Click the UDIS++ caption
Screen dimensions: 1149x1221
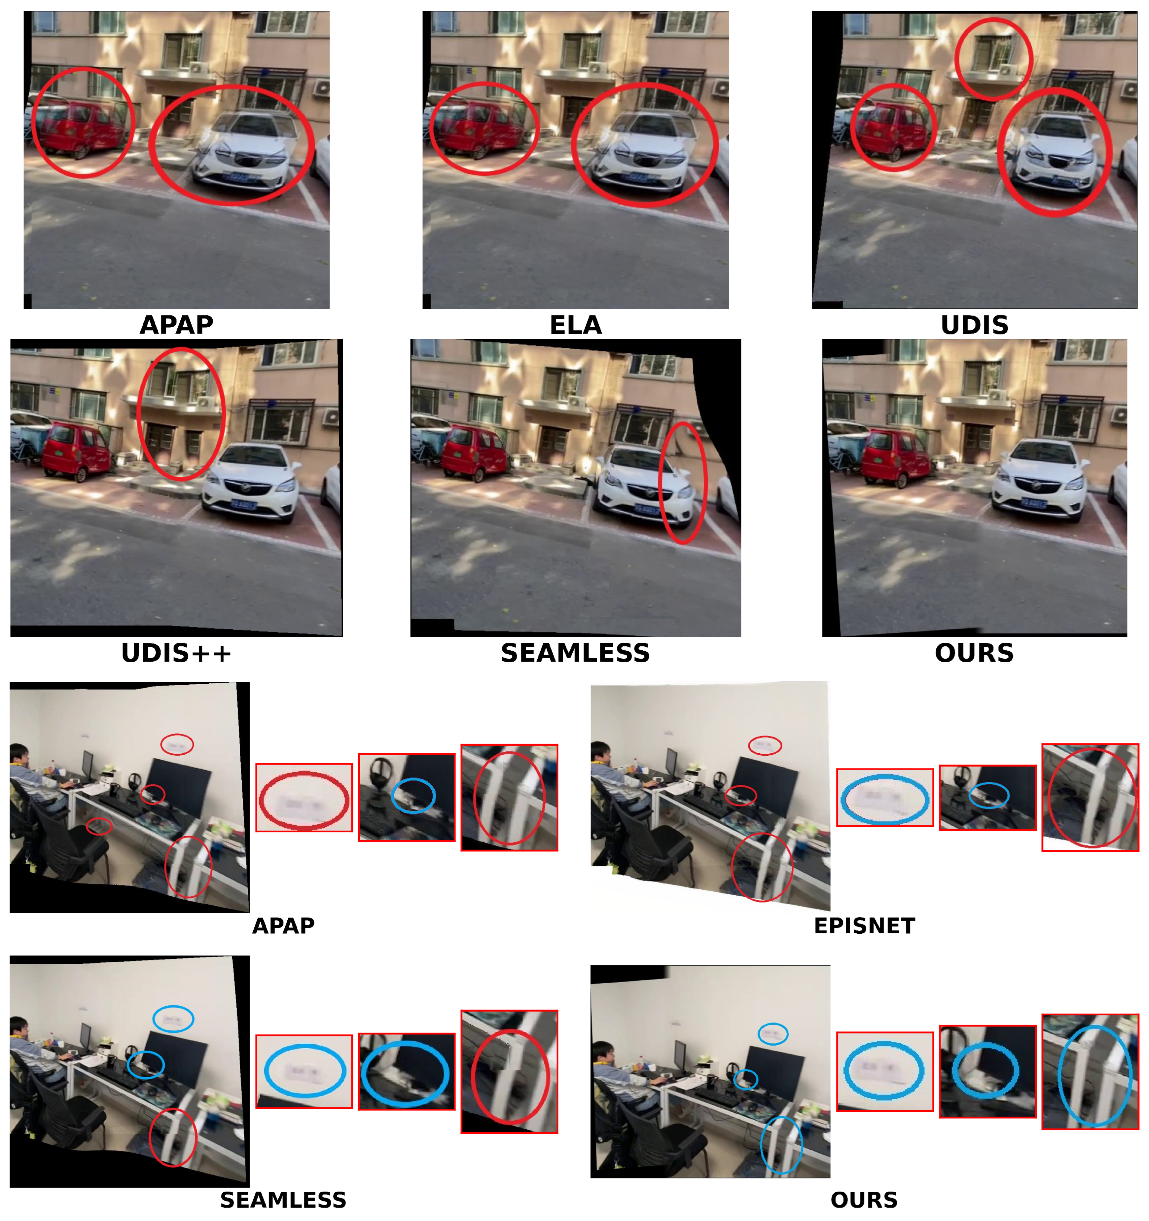pyautogui.click(x=176, y=653)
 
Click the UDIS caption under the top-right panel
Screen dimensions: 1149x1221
pyautogui.click(x=974, y=325)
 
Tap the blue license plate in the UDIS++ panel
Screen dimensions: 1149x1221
pyautogui.click(x=244, y=505)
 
